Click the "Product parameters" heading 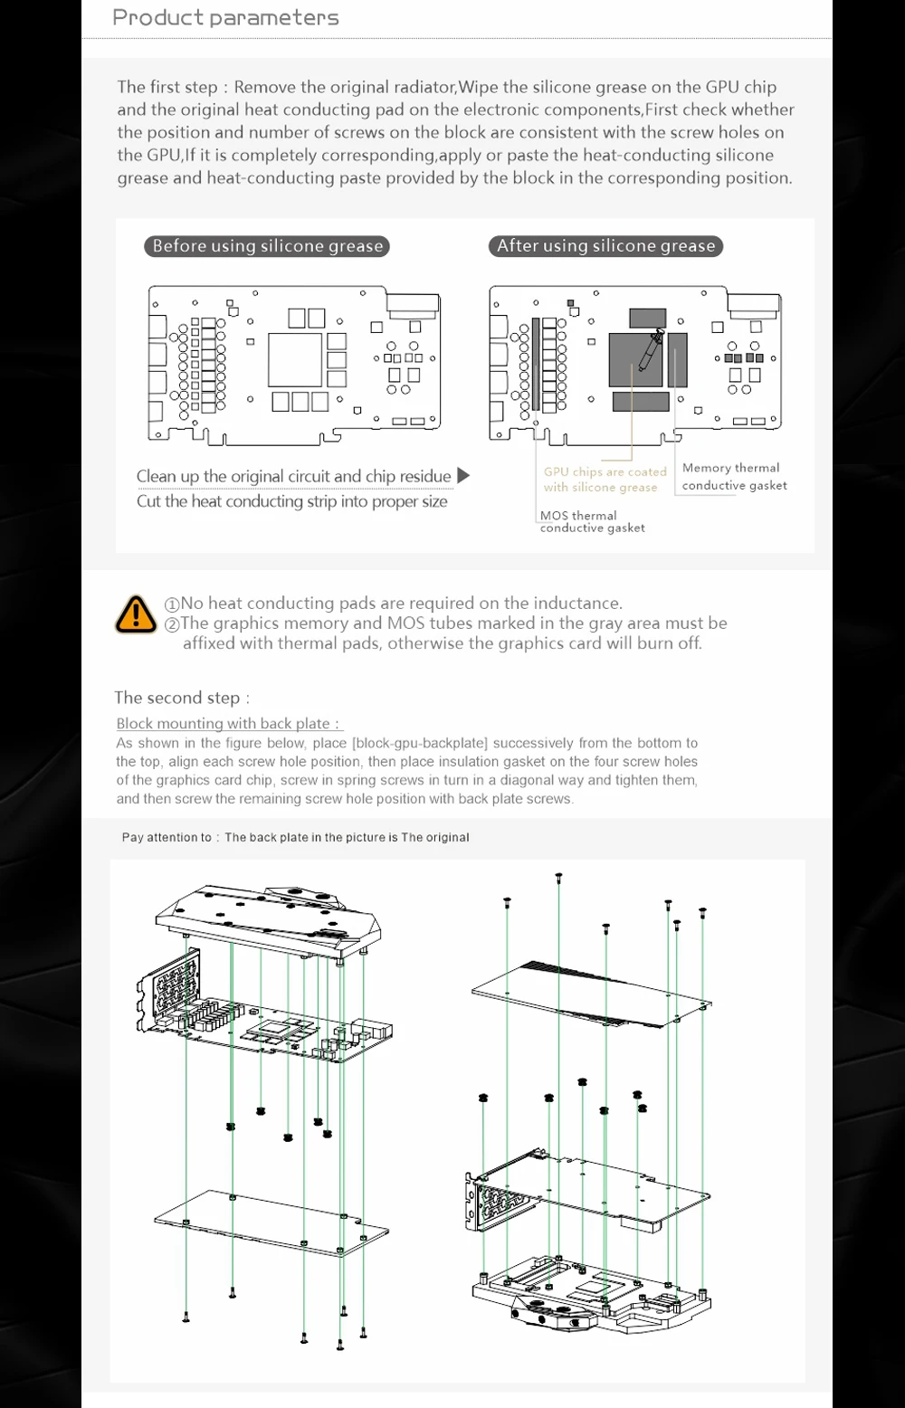(225, 17)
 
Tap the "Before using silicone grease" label (267, 246)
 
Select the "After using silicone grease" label (605, 245)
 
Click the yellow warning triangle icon (136, 614)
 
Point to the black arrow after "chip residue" (463, 475)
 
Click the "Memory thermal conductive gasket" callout (734, 477)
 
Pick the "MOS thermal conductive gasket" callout (592, 521)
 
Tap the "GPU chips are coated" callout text (605, 471)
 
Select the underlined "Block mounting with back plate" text (228, 723)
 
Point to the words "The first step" (167, 87)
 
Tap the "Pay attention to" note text (295, 837)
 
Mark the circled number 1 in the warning (172, 604)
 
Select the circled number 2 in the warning (172, 623)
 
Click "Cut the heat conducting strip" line (291, 501)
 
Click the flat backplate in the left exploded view (271, 1223)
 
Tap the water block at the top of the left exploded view (271, 918)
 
